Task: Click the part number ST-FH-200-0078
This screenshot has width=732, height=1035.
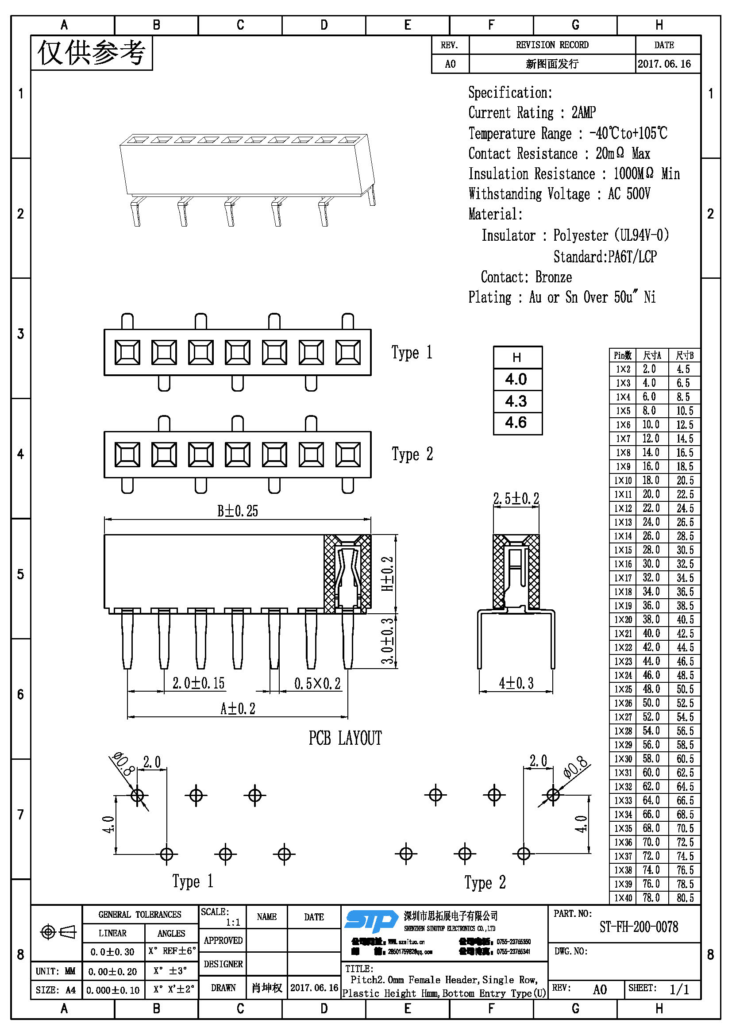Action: pyautogui.click(x=638, y=927)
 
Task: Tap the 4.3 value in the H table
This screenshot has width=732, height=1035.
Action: pyautogui.click(x=516, y=401)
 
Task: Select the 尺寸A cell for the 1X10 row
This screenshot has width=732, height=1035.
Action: pyautogui.click(x=651, y=480)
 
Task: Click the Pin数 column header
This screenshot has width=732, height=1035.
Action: pyautogui.click(x=623, y=355)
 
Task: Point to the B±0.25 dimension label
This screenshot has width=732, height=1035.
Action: pyautogui.click(x=238, y=511)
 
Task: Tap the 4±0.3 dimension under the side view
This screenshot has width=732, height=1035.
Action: pyautogui.click(x=516, y=683)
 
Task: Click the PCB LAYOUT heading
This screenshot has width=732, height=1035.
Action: pyautogui.click(x=345, y=738)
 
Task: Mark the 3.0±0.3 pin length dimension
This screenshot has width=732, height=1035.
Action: pyautogui.click(x=388, y=641)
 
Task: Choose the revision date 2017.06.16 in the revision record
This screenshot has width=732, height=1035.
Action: pyautogui.click(x=664, y=64)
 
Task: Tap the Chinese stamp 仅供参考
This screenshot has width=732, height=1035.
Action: pyautogui.click(x=92, y=53)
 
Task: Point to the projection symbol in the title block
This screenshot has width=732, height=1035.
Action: pyautogui.click(x=58, y=931)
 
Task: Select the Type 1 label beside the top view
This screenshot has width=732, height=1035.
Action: pyautogui.click(x=412, y=352)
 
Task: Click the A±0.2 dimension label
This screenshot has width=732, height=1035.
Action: pyautogui.click(x=238, y=708)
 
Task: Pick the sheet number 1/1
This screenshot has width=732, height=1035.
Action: pyautogui.click(x=679, y=989)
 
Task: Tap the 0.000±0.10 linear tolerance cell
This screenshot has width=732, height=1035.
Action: pyautogui.click(x=113, y=990)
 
